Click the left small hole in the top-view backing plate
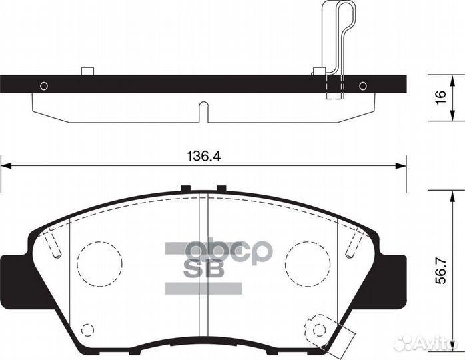click(x=44, y=85)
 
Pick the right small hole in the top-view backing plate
click(x=362, y=85)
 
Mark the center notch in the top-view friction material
click(x=204, y=111)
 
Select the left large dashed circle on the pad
click(x=99, y=261)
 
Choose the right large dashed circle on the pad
click(x=307, y=261)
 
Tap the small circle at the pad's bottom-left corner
click(x=86, y=329)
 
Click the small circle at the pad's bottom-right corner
click(x=317, y=329)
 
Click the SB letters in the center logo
click(x=204, y=271)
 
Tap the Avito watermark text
click(x=433, y=343)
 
